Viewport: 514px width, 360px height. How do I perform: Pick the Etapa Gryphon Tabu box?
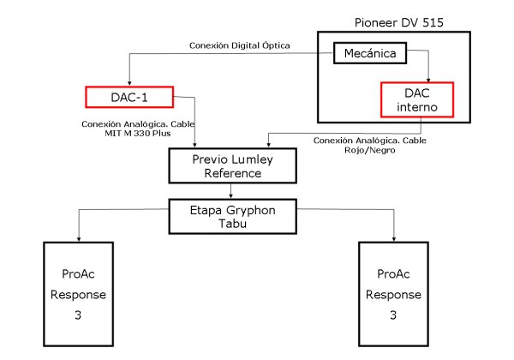coord(226,215)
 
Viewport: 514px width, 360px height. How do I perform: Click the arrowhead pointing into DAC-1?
coord(129,82)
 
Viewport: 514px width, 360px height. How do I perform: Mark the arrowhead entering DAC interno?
coord(428,80)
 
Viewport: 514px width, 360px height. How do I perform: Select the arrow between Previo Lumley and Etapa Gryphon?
coord(226,191)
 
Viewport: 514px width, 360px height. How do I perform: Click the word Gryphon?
coord(244,207)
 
